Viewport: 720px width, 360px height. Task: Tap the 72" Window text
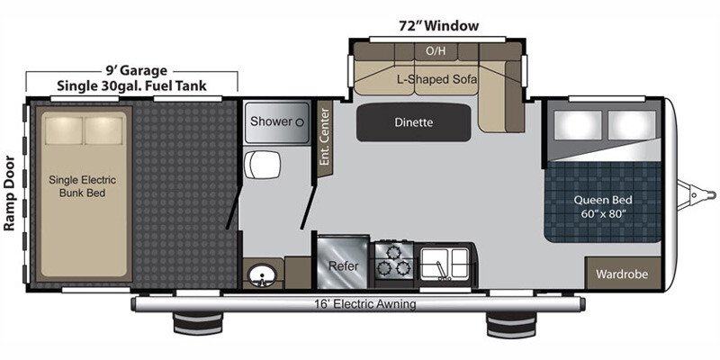pos(438,25)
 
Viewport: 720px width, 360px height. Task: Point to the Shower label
pos(271,121)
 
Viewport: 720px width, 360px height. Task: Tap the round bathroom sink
pos(262,273)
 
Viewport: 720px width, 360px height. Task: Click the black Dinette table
pos(413,122)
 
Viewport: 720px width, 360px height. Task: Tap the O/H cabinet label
pos(436,50)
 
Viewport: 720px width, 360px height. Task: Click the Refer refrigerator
pos(343,265)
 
